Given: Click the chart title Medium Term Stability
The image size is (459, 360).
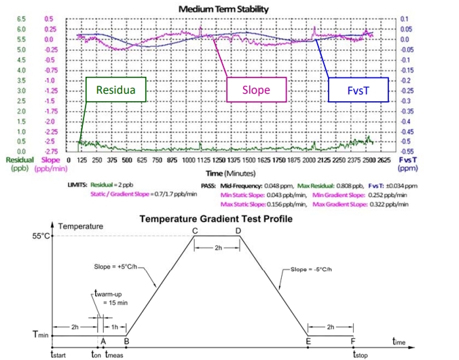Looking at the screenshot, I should coord(223,9).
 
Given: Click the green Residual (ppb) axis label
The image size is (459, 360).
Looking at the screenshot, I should coord(20,164).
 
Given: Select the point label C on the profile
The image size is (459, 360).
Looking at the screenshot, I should coord(196,231).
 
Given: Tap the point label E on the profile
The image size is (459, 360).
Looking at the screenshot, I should coord(308,342).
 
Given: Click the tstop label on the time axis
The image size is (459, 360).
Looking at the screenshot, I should coord(359,354).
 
